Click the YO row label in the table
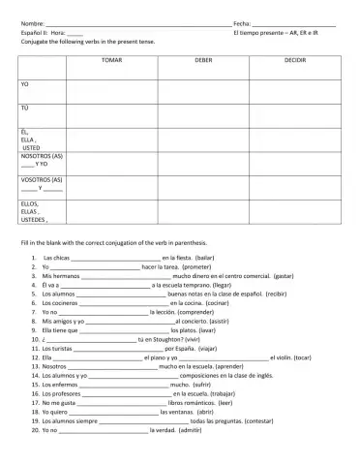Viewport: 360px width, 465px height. click(x=25, y=85)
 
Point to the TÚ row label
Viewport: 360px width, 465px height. click(x=25, y=108)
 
